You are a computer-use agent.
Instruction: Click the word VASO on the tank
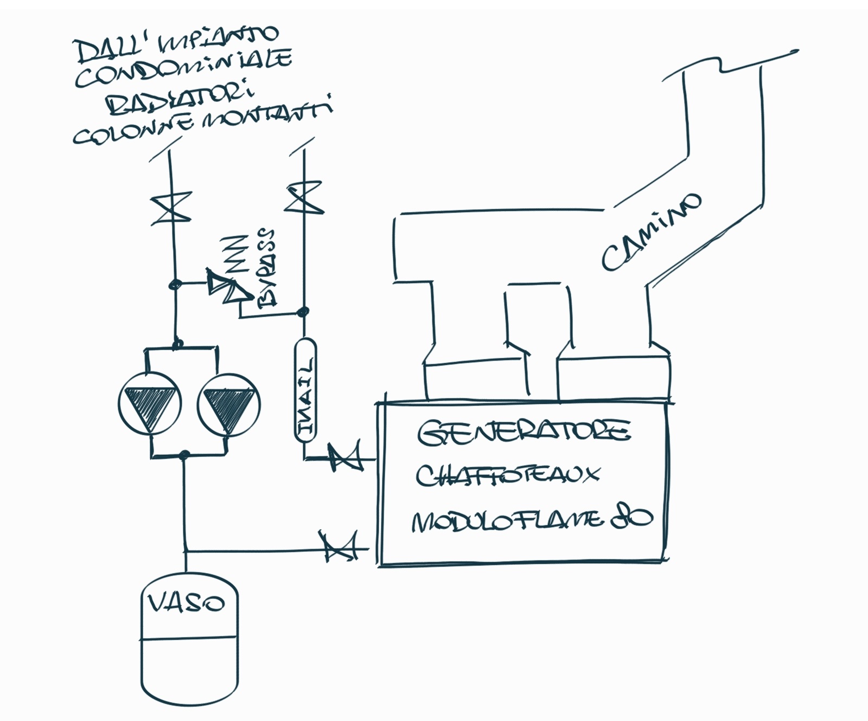tap(186, 603)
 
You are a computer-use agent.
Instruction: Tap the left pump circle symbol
tap(150, 404)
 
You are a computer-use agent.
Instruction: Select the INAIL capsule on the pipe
tap(305, 390)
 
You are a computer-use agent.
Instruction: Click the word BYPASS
tap(267, 268)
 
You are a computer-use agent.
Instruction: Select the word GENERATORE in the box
tap(523, 432)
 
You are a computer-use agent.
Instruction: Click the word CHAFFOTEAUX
tap(507, 475)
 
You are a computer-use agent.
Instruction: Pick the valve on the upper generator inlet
tap(345, 457)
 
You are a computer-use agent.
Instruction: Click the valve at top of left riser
tap(171, 208)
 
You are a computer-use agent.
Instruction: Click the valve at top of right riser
tap(304, 198)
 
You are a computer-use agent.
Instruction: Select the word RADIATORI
tap(179, 99)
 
